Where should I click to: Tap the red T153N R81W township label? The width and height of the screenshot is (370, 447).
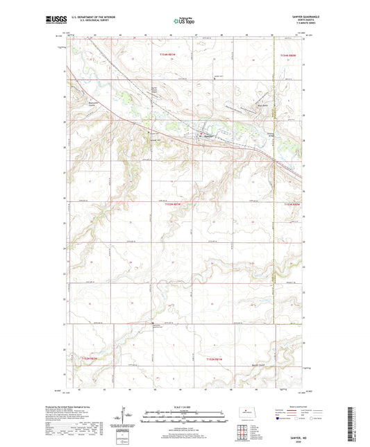tap(175, 205)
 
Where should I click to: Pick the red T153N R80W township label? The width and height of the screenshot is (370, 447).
tap(290, 205)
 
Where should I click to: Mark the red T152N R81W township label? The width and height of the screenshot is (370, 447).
tap(214, 357)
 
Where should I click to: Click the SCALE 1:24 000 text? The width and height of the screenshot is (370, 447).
tap(184, 407)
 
